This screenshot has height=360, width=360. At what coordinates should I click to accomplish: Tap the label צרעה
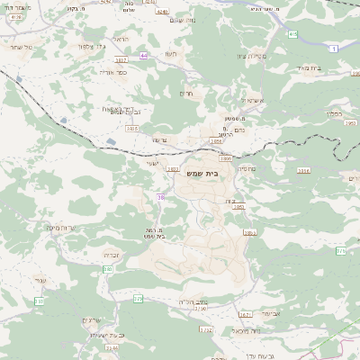click(158, 139)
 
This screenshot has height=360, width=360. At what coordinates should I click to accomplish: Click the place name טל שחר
click(18, 46)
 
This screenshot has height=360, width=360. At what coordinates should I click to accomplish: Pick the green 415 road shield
click(293, 33)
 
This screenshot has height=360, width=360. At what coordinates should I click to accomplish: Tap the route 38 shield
click(161, 195)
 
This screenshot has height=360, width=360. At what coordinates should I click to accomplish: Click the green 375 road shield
click(138, 298)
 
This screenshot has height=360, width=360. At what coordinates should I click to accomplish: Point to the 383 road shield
click(108, 268)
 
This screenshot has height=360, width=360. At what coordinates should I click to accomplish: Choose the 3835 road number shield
click(132, 130)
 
